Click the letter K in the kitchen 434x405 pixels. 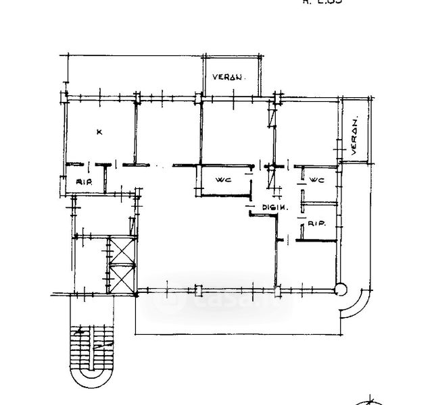coord(99,132)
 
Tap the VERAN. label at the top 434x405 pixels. coord(227,78)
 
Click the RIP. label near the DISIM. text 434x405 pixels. coord(318,223)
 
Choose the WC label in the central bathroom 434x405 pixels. coord(224,180)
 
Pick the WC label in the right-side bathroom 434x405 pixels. coord(318,180)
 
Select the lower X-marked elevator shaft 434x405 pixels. coord(123,278)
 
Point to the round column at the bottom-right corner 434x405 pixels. coord(340,290)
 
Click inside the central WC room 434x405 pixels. coord(223,184)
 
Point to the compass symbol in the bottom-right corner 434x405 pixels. coord(370,400)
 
